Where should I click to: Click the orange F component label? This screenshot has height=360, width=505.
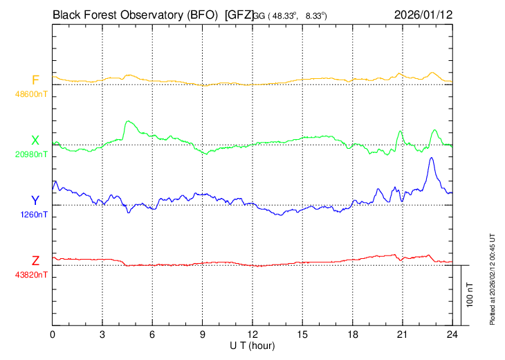(x=35, y=79)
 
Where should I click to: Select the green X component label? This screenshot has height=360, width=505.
(x=35, y=141)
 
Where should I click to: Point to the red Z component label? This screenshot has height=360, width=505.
(x=35, y=261)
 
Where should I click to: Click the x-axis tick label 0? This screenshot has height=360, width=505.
(x=53, y=334)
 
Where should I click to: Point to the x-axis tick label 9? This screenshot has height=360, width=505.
(x=203, y=334)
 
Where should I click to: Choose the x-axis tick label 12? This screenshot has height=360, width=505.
(x=252, y=334)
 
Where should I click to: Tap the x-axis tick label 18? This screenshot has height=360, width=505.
(x=352, y=334)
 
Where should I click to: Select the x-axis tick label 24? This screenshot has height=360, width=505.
(x=452, y=334)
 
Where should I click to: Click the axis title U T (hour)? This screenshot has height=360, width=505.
(x=253, y=345)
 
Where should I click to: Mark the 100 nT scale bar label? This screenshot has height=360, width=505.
(x=470, y=294)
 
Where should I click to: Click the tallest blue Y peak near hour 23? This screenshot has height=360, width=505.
(x=432, y=158)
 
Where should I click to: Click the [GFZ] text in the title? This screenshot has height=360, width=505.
(x=239, y=14)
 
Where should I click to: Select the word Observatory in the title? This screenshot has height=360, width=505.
(x=149, y=14)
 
